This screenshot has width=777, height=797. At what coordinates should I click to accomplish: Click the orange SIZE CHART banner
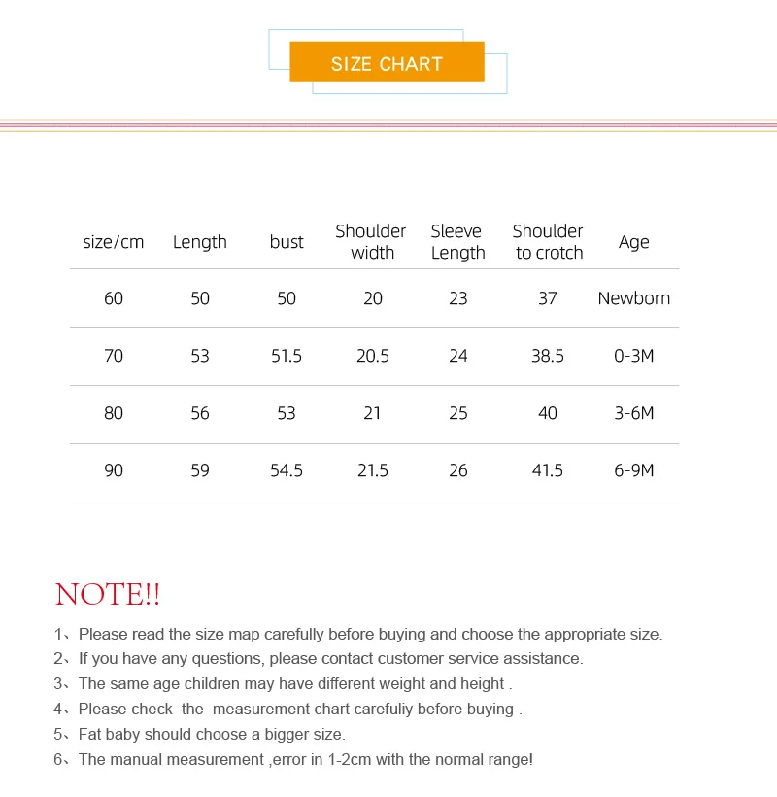coord(387,64)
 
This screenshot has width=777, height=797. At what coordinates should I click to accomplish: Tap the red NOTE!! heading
coord(108,594)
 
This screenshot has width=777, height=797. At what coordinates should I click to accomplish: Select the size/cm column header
coord(114,242)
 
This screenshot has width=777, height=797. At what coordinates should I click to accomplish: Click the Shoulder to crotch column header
coord(548,242)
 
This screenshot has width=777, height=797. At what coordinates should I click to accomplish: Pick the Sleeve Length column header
coord(457,242)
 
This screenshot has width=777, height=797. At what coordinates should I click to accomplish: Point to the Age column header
coord(633,242)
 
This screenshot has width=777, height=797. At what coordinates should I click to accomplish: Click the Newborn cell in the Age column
coord(633,298)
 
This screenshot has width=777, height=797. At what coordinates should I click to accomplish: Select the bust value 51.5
coord(287,356)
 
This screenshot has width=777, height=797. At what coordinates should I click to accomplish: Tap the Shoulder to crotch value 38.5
coord(548,356)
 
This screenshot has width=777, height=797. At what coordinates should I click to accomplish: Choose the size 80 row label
coord(114,413)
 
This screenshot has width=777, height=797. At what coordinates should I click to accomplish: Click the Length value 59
coord(200,470)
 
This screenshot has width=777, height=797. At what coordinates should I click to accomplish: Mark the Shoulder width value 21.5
coord(373,470)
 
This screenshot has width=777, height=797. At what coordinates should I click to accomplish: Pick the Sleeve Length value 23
coord(458,298)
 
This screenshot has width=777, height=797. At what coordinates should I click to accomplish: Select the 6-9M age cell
coord(633,470)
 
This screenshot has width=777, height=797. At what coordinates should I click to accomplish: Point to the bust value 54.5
coord(287,470)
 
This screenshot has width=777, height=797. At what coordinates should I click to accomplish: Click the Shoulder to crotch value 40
coord(548,413)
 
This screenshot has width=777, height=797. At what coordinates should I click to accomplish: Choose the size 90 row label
coord(114,470)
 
